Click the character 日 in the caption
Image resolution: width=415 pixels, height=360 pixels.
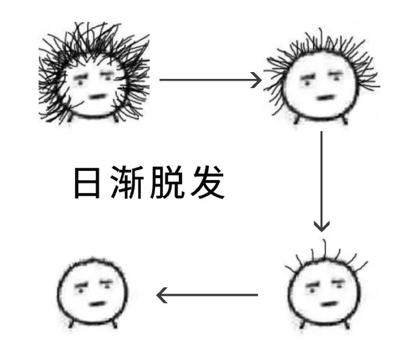point(87,182)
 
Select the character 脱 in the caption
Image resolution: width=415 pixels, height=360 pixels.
point(167,182)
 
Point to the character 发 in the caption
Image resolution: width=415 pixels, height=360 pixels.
point(207,182)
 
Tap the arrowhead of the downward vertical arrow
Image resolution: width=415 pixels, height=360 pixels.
point(322,227)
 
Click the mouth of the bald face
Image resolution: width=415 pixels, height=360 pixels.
point(98,303)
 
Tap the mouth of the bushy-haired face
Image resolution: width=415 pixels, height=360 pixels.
point(97,97)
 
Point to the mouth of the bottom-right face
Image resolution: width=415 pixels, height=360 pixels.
point(330,304)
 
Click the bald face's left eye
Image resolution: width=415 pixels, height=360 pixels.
point(81,291)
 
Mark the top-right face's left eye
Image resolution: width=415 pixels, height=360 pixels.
point(307,83)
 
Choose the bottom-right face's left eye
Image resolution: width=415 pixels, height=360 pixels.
point(312,291)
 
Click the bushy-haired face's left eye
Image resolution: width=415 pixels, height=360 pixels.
point(80,82)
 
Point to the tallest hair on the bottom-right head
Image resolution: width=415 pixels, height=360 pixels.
point(325,249)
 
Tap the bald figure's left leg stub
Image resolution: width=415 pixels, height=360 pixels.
point(71,324)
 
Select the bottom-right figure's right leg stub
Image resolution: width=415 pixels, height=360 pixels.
point(347,324)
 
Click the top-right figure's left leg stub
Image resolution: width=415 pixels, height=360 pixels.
point(296,120)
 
